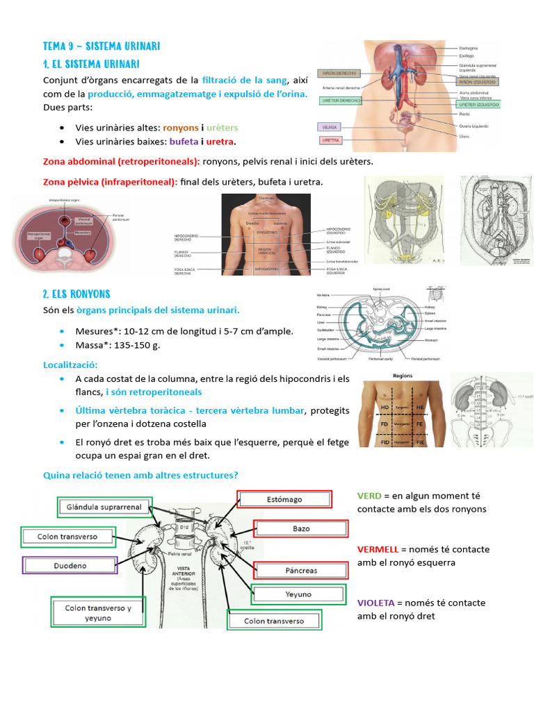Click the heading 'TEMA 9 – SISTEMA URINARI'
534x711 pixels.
click(x=102, y=47)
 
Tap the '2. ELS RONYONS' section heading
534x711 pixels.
click(x=76, y=294)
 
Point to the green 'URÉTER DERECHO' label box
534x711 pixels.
click(x=340, y=101)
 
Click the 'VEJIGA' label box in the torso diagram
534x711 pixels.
click(x=328, y=127)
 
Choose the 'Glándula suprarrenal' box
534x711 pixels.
click(x=104, y=507)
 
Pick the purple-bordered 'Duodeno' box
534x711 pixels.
click(x=70, y=566)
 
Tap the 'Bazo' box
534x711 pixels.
click(x=300, y=528)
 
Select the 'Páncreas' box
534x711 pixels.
click(x=300, y=571)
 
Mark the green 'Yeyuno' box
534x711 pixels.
click(x=298, y=594)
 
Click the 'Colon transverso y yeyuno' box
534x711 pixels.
click(x=96, y=612)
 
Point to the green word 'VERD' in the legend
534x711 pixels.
click(x=369, y=496)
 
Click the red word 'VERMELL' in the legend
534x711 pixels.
click(x=378, y=549)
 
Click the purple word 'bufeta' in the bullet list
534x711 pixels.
click(x=183, y=142)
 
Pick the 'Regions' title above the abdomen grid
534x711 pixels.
click(x=403, y=376)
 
